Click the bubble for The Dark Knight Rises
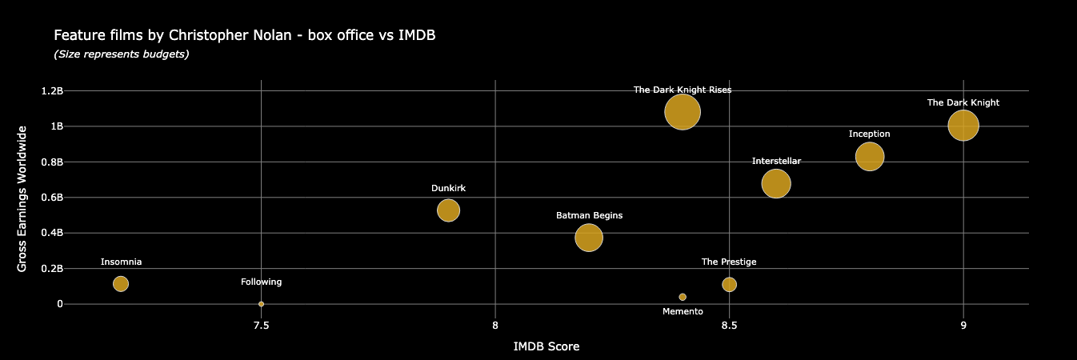[x=682, y=111]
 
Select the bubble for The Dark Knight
[x=963, y=125]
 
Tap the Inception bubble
[x=869, y=156]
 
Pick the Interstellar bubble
[x=775, y=183]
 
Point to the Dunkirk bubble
[x=448, y=210]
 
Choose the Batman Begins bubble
[x=588, y=238]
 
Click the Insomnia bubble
[x=121, y=283]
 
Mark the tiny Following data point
[x=261, y=304]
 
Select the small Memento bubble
[x=683, y=297]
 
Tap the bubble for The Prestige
[x=729, y=284]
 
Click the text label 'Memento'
[x=683, y=311]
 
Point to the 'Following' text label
[x=261, y=282]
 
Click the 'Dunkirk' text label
[x=448, y=188]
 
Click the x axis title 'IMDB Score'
[x=546, y=347]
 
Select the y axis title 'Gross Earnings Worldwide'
[x=22, y=198]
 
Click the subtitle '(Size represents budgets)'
[x=121, y=54]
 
